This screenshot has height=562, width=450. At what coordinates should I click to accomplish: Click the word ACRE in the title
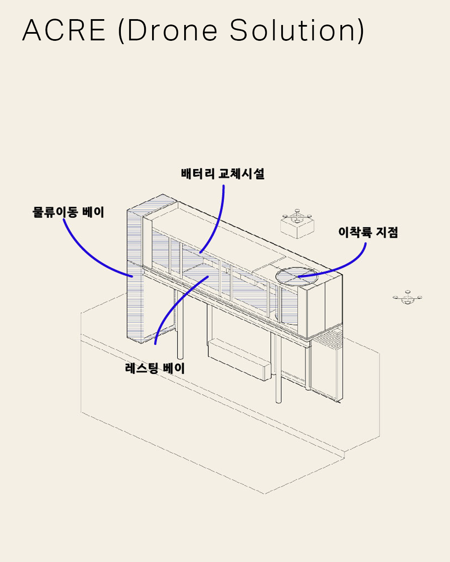click(64, 30)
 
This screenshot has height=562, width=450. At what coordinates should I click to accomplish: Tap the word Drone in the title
click(172, 30)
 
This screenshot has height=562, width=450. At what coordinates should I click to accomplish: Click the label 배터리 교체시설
click(223, 174)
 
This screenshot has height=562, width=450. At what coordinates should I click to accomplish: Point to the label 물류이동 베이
click(68, 212)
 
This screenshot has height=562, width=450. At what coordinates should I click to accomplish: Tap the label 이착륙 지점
click(368, 232)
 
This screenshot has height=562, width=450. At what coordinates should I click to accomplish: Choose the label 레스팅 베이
click(155, 368)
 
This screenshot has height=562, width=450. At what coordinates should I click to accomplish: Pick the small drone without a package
click(407, 297)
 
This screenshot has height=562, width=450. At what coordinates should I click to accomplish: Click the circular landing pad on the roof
click(296, 276)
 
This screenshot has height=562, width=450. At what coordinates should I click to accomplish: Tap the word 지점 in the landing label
click(387, 232)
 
